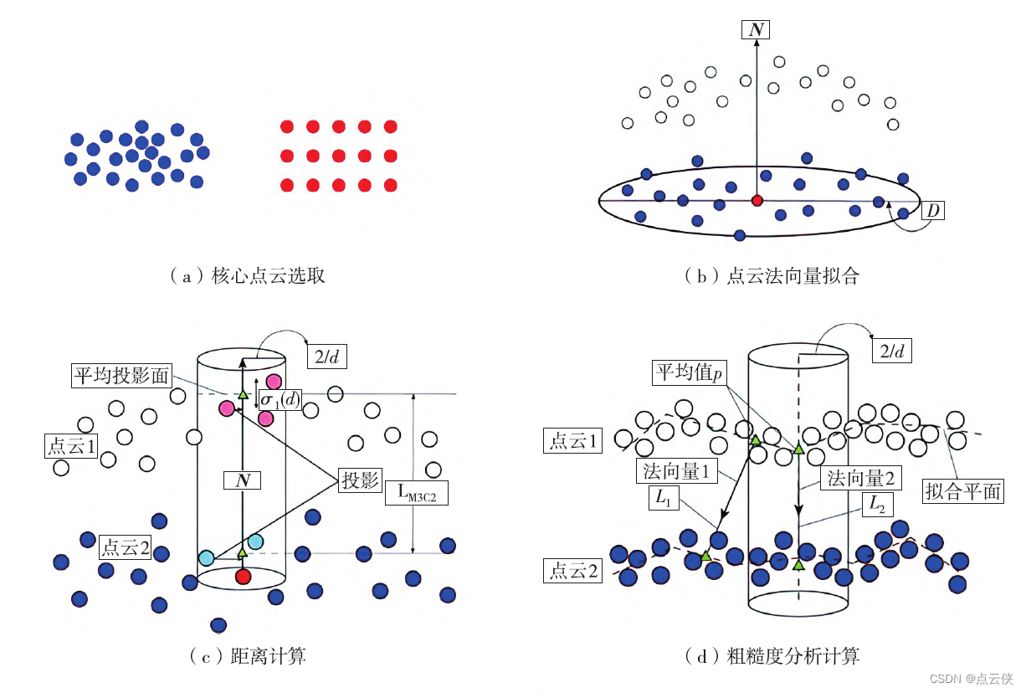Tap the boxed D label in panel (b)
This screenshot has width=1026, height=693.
(x=931, y=209)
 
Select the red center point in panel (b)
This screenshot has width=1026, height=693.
(x=757, y=201)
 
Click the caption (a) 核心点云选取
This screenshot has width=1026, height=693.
(x=247, y=275)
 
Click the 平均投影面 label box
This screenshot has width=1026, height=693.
(x=121, y=376)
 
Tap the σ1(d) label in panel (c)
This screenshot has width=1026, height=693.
(x=279, y=400)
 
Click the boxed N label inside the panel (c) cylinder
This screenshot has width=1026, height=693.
(x=243, y=480)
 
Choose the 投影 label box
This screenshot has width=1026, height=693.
(x=360, y=481)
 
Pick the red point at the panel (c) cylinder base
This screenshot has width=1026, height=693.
(x=243, y=576)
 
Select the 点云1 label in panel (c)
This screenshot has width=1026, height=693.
(x=72, y=444)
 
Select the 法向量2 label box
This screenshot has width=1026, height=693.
(x=861, y=479)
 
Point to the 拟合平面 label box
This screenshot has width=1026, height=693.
(x=962, y=490)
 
